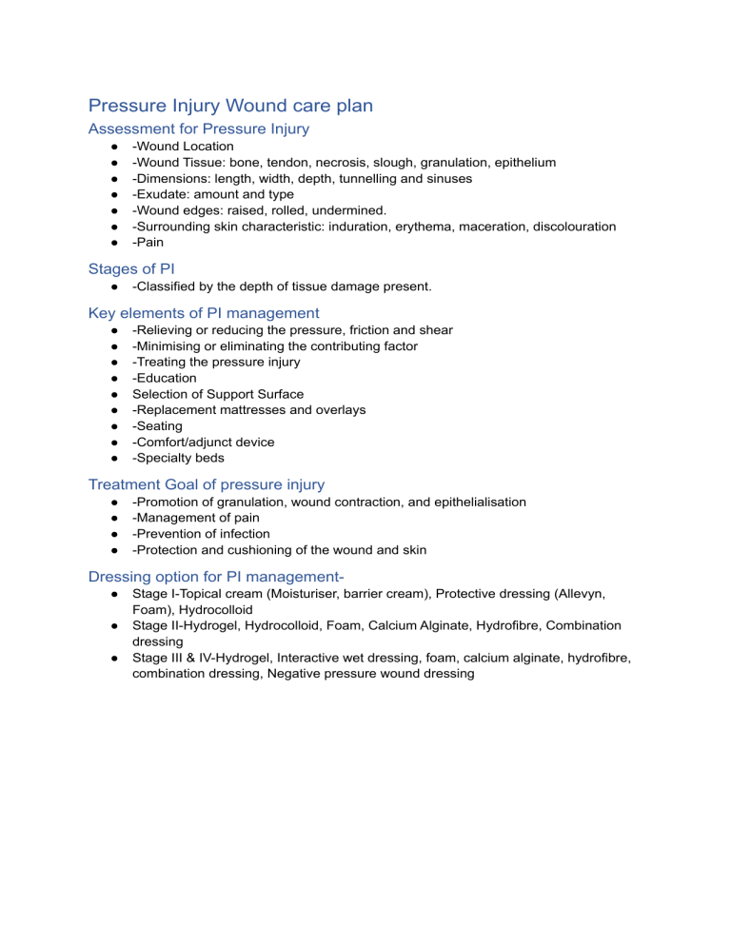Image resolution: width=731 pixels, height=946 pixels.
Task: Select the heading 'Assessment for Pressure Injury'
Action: pos(198,128)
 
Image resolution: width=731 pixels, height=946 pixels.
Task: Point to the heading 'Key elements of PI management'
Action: pos(204,312)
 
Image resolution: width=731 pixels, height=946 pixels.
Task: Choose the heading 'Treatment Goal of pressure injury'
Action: pos(207,483)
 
